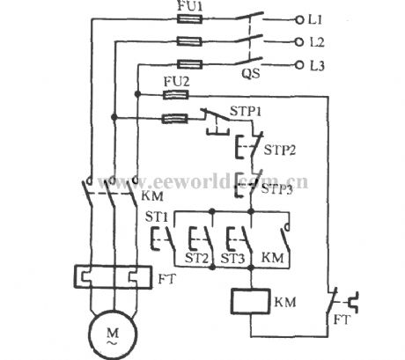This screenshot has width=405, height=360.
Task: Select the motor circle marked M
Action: [x=109, y=336]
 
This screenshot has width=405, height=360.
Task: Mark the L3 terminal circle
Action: [x=300, y=64]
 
